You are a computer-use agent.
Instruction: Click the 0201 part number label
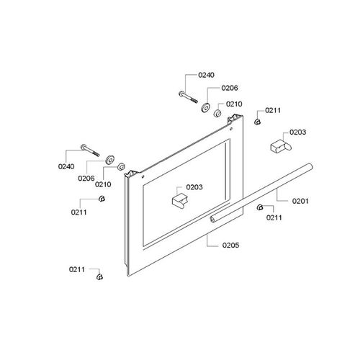click(300, 201)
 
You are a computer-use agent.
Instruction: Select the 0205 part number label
click(230, 245)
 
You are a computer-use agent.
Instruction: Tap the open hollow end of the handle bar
click(212, 220)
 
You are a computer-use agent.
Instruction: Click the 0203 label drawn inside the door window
click(194, 187)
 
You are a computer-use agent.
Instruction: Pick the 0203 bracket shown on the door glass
click(180, 199)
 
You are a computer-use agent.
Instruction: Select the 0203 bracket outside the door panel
click(281, 145)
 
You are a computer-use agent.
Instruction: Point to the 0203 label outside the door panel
click(297, 132)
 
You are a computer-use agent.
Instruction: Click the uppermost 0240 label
click(206, 75)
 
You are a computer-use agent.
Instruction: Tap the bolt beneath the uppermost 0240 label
click(189, 97)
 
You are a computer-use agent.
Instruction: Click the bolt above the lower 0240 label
click(90, 150)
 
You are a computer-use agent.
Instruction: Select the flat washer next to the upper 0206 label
click(205, 107)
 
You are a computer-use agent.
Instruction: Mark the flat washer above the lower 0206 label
click(109, 160)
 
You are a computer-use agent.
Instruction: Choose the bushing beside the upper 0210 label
click(217, 114)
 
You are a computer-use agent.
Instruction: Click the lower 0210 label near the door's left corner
click(103, 184)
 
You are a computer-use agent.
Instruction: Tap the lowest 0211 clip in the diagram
click(99, 276)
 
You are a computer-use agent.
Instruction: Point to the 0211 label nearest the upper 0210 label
click(273, 110)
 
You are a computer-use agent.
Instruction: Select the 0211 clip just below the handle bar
click(260, 207)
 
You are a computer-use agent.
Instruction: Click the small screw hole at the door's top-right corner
click(231, 129)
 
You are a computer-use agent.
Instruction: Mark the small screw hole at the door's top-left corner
click(143, 177)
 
